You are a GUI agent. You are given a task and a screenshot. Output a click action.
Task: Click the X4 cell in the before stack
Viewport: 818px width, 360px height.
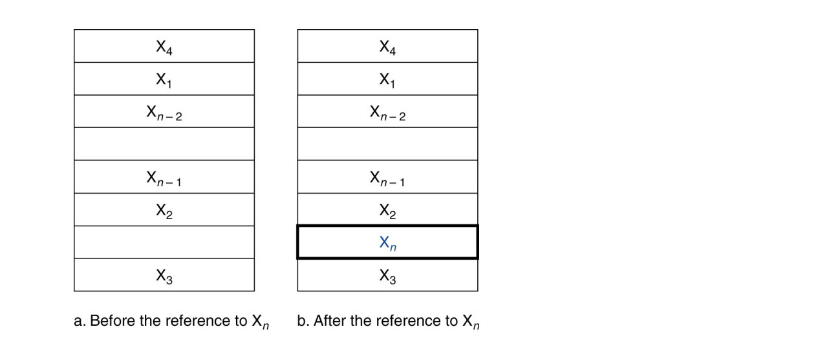pos(164,47)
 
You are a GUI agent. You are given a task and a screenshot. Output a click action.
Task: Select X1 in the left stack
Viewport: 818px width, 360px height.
pos(164,79)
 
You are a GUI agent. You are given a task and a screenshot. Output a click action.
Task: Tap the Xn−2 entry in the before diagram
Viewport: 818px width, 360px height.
pos(164,112)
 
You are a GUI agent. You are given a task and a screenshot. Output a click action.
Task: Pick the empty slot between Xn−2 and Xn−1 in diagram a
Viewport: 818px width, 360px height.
pos(164,144)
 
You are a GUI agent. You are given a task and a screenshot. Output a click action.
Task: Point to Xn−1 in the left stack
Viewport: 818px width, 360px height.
pos(164,177)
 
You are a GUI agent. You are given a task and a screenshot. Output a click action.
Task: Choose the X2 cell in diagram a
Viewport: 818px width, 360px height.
pos(164,210)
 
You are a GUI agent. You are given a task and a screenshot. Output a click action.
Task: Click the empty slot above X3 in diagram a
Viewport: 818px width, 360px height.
pos(164,242)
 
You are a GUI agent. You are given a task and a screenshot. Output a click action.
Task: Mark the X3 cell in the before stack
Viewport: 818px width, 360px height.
pos(164,275)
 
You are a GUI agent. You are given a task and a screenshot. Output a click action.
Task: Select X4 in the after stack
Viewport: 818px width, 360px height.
pos(387,47)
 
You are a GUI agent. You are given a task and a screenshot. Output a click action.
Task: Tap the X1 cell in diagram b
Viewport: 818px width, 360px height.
pos(387,79)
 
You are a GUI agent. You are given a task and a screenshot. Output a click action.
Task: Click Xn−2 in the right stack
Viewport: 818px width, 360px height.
pos(387,112)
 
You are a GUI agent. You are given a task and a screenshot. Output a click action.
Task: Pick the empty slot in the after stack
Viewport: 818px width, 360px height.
pos(387,144)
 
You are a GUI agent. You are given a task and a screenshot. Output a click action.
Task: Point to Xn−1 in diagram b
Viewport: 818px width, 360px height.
pos(387,177)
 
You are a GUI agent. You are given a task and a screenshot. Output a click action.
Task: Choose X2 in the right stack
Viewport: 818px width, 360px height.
pos(387,210)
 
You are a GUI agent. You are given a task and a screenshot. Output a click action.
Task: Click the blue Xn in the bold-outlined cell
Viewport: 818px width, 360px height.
pos(387,243)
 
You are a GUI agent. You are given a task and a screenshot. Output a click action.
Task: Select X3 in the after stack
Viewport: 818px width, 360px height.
pos(387,275)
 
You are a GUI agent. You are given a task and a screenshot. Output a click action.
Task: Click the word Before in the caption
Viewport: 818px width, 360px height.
pos(111,321)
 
